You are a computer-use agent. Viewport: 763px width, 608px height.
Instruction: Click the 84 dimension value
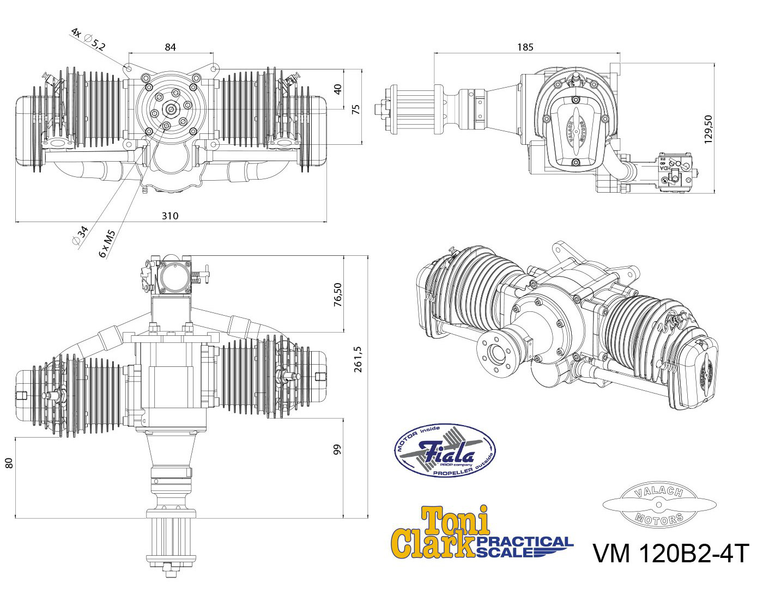pyautogui.click(x=170, y=47)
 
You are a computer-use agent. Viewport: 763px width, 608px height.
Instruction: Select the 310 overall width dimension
pyautogui.click(x=170, y=216)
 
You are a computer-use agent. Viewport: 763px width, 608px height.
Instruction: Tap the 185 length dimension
pyautogui.click(x=525, y=47)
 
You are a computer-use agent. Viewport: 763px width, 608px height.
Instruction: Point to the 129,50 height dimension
pyautogui.click(x=708, y=129)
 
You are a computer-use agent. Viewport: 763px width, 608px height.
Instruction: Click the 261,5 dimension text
pyautogui.click(x=358, y=359)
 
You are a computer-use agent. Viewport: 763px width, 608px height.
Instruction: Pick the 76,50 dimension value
pyautogui.click(x=337, y=294)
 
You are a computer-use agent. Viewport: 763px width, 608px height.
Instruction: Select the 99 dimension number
pyautogui.click(x=337, y=449)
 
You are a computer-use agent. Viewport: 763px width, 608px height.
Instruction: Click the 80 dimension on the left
pyautogui.click(x=9, y=463)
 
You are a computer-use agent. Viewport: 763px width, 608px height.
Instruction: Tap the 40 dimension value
pyautogui.click(x=337, y=89)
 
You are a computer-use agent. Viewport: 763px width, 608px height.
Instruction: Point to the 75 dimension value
pyautogui.click(x=356, y=109)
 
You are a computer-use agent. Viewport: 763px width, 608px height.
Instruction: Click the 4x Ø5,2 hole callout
pyautogui.click(x=88, y=39)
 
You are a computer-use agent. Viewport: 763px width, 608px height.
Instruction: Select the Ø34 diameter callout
pyautogui.click(x=80, y=235)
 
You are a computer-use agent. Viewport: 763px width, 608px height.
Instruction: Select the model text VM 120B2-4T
pyautogui.click(x=671, y=554)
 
